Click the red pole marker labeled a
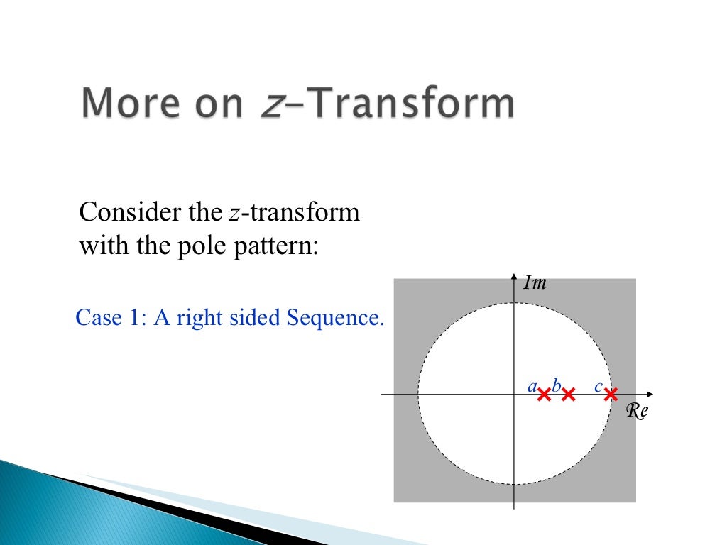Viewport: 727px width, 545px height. pos(545,395)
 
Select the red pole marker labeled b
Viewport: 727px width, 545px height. pos(568,395)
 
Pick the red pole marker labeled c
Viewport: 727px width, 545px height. pos(611,394)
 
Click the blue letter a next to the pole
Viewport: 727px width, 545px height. pos(532,387)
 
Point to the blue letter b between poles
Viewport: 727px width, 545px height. pos(556,386)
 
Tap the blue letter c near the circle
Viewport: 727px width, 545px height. pos(598,387)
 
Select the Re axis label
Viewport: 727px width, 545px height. pos(637,411)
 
